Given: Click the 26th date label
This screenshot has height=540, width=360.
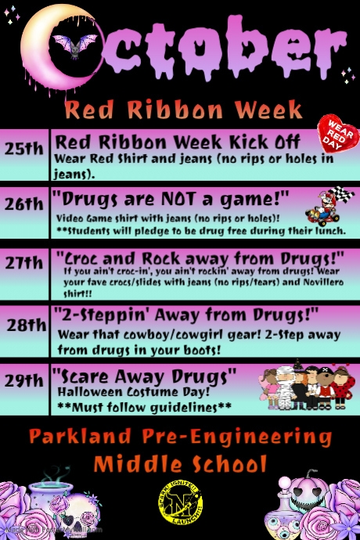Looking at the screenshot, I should click(23, 203).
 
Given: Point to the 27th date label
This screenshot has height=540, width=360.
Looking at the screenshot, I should click(23, 262).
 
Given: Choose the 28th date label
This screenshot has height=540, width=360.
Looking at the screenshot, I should click(27, 325).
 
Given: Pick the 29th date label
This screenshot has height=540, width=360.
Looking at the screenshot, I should click(23, 381).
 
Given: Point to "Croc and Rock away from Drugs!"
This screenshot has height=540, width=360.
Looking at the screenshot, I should click(200, 257).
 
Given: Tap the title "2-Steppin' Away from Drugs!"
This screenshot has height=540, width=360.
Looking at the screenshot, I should click(196, 315).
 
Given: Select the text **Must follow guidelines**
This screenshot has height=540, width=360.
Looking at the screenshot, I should click(145, 407).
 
